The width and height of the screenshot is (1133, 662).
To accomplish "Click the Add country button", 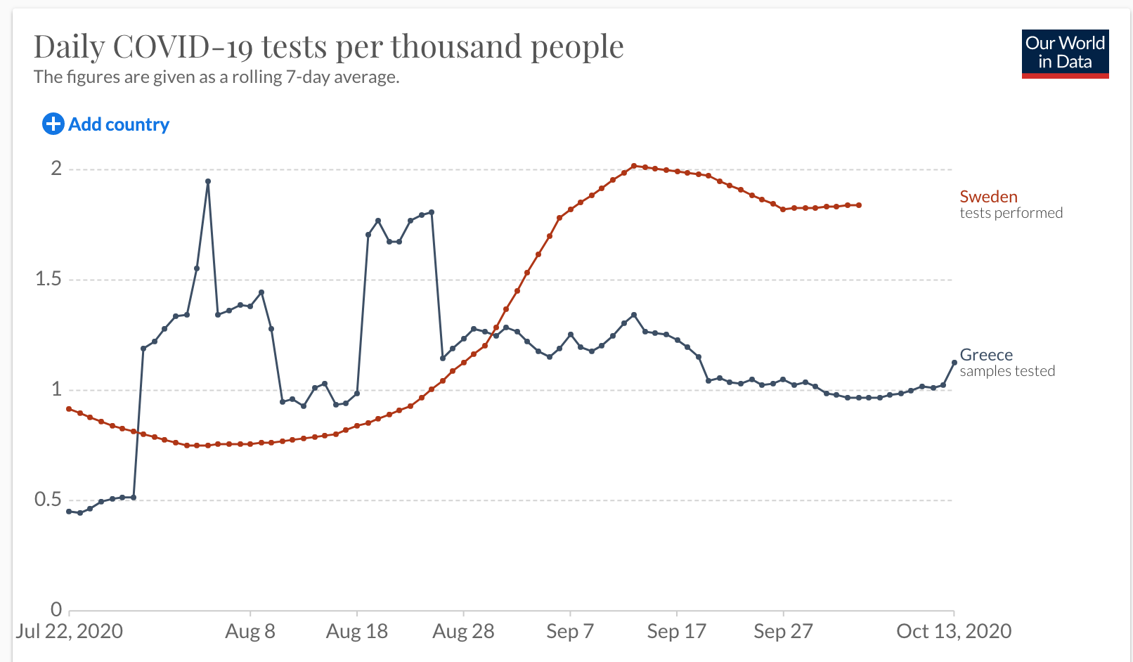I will coord(106,124).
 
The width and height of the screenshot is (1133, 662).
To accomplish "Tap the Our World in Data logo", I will coord(1065,53).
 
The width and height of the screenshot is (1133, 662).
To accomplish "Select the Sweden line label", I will coord(988,197).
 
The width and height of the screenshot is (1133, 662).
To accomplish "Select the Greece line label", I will coord(986,355).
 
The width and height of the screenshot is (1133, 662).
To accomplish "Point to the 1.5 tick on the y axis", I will coord(48,279).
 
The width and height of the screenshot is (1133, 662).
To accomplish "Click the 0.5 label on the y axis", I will coord(48,500).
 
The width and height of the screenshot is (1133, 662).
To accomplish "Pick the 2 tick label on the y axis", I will coord(56,169).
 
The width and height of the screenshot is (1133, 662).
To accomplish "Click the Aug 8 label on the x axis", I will coord(250,631).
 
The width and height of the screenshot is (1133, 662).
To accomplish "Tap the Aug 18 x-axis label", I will coord(357,631).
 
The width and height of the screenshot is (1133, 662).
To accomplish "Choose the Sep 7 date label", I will coord(570,631).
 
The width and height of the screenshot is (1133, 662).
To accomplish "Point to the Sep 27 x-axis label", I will coord(783,631).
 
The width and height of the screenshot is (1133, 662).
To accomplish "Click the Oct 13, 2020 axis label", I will coord(954,631).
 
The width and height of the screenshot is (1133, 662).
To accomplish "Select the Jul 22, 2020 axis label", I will coord(70,631).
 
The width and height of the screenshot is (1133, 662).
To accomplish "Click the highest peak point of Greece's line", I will coord(208,181).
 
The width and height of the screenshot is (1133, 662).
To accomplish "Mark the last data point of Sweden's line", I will coord(859,205).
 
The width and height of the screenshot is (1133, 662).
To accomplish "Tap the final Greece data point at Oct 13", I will coord(954,363).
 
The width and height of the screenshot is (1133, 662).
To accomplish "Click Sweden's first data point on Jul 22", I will coord(69,408).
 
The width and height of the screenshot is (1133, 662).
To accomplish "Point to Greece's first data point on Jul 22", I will coord(69,512).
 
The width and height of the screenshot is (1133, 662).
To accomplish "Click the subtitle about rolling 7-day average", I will coord(216,77).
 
